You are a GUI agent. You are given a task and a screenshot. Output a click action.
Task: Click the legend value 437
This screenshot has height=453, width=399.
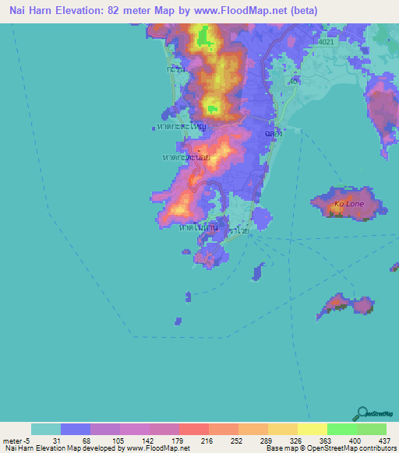coord(385,441)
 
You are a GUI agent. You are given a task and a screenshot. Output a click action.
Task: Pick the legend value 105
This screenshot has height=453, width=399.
coord(118,441)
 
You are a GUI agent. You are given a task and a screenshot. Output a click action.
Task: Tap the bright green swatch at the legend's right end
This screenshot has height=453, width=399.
coord(371,429)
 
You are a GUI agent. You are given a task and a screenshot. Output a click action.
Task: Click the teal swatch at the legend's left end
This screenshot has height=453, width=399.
coord(46,429)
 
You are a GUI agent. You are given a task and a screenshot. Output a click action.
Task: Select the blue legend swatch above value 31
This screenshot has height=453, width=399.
coord(76,429)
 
